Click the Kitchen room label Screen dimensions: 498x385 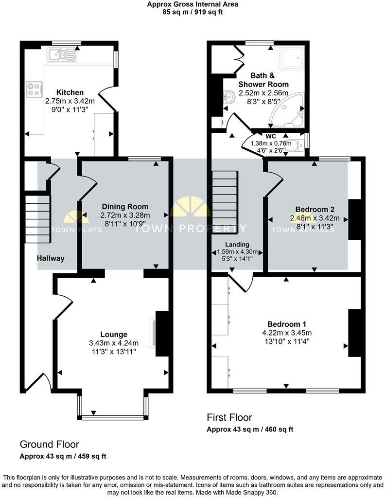[70, 92]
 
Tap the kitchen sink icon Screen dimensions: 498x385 [62, 54]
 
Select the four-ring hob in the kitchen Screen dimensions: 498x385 [34, 89]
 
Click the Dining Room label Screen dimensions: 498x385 [125, 207]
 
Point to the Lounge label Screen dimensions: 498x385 [114, 334]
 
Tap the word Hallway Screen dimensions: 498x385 [51, 259]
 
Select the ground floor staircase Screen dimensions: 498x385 [38, 218]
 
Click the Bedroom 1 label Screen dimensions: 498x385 [287, 324]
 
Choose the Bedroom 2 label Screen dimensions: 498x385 [309, 210]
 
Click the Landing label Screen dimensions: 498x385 [237, 244]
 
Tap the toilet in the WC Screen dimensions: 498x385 [294, 143]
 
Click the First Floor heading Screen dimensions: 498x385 [229, 417]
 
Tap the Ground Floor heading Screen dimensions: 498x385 [49, 444]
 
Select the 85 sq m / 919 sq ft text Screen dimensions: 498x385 [192, 12]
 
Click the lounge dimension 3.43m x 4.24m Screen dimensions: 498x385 [114, 342]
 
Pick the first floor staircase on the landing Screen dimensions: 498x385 [225, 194]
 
